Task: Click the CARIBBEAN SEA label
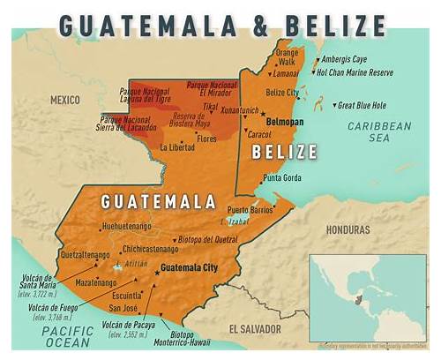pos(391,133)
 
